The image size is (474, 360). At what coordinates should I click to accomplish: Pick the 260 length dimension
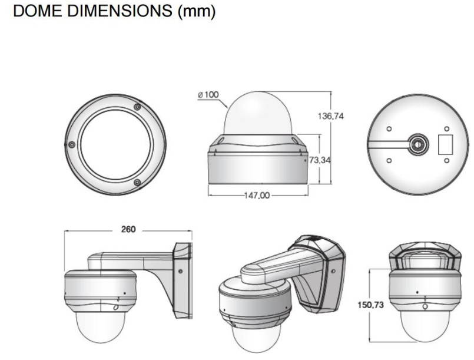[x=128, y=229]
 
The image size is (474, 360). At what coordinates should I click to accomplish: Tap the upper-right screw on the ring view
[x=137, y=107]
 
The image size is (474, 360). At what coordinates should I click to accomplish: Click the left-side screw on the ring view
[x=71, y=144]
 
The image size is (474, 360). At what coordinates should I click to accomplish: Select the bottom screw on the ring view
[x=137, y=183]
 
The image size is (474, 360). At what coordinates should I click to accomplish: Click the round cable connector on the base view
[x=419, y=143]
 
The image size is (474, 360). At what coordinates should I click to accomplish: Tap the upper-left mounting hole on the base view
[x=389, y=129]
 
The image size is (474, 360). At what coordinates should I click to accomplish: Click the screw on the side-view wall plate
[x=180, y=272]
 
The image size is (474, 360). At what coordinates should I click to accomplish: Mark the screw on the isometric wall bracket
[x=333, y=272]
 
